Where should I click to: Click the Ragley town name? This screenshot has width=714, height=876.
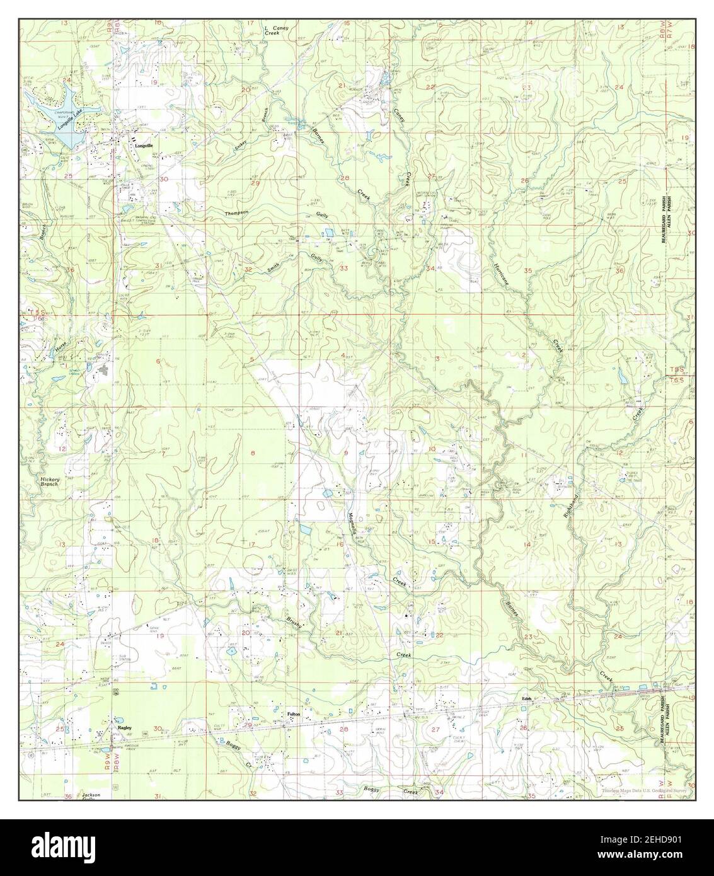coord(124,727)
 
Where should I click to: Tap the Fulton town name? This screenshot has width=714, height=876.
coord(293,714)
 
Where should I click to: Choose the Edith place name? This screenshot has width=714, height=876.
coord(527,698)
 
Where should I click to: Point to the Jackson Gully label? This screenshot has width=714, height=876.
coord(91,797)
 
